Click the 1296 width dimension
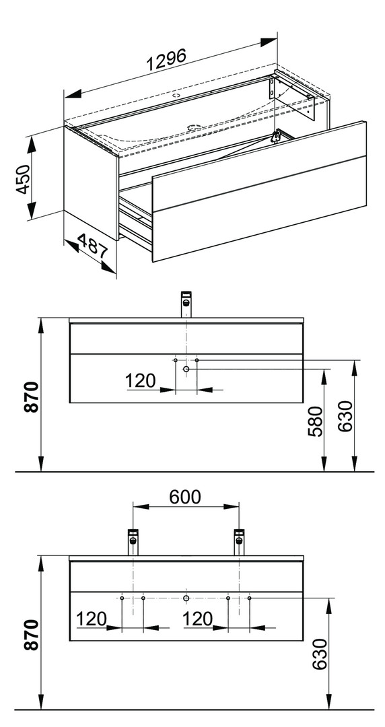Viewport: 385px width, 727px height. point(167,60)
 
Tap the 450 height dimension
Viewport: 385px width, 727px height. point(23,179)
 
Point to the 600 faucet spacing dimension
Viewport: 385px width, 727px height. point(185,497)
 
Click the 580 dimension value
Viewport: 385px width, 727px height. point(316,421)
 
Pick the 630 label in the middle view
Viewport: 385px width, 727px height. point(345,417)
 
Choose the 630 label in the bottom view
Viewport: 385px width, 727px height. point(320,654)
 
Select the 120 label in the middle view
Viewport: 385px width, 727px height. point(140,380)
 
